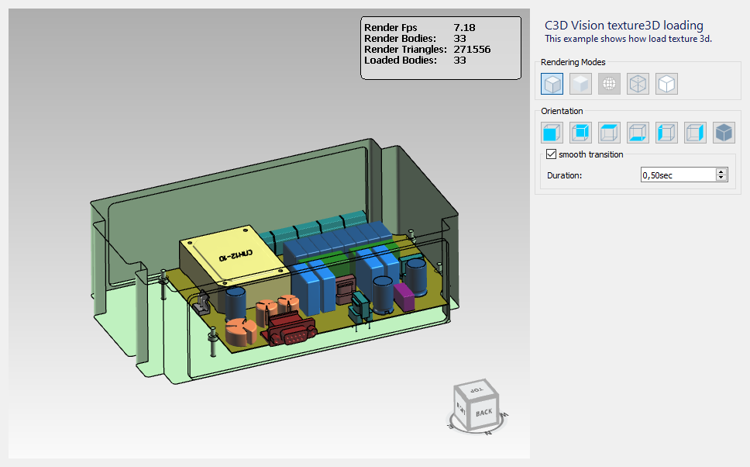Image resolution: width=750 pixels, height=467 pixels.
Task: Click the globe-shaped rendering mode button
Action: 609,84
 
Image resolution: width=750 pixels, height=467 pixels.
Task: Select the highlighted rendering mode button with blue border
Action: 552,84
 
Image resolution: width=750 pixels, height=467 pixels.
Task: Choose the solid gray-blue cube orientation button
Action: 724,133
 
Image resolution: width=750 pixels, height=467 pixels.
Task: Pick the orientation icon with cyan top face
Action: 609,133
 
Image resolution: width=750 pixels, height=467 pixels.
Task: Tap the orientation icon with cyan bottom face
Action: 638,133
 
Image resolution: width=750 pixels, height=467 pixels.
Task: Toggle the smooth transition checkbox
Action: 551,154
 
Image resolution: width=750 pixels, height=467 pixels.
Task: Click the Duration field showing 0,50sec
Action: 678,175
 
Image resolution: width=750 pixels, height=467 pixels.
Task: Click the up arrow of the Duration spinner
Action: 721,171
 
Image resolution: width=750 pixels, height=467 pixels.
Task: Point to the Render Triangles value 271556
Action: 472,50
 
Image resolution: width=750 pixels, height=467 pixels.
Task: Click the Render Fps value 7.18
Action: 464,28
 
